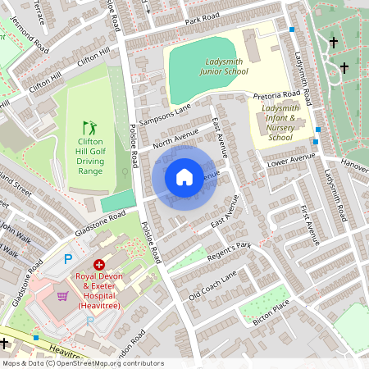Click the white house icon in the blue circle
tap(184, 177)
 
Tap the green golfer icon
tap(89, 128)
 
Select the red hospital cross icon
tap(99, 265)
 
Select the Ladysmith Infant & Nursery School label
tap(280, 123)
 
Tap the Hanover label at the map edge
tap(354, 166)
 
